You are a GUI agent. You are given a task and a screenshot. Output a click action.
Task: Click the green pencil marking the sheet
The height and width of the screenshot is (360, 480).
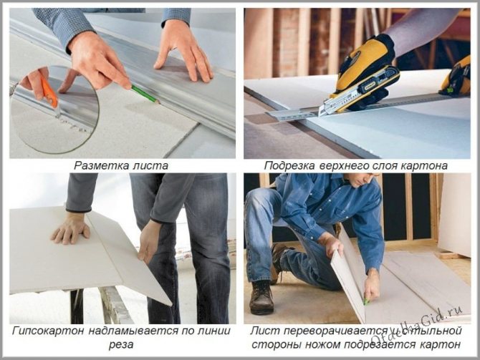(x=145, y=94)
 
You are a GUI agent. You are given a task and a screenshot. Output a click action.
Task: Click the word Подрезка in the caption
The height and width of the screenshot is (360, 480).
(x=289, y=166)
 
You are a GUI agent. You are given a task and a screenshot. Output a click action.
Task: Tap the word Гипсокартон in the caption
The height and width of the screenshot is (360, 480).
(x=49, y=331)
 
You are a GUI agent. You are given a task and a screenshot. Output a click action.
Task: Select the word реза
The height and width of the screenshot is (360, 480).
(x=121, y=345)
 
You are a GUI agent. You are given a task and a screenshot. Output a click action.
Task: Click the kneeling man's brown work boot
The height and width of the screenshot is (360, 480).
(x=261, y=298)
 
